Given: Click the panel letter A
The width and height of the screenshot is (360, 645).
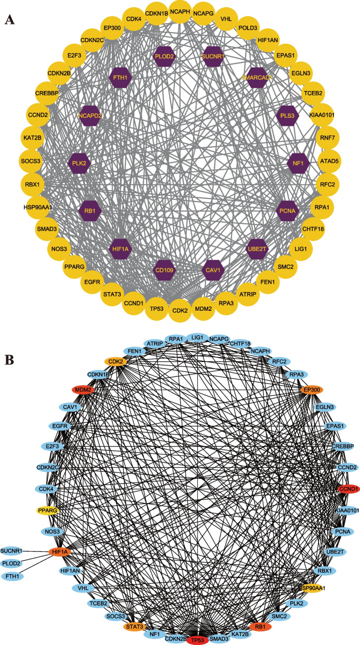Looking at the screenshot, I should point(9,20).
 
